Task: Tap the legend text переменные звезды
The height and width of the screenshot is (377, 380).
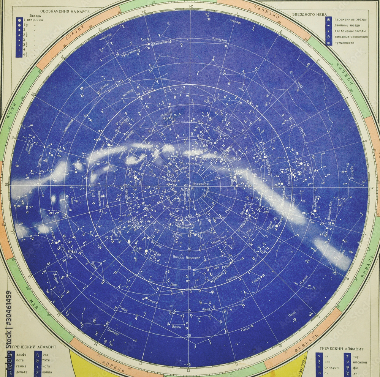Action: coord(350,19)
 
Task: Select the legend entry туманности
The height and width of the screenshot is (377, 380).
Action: coord(344,43)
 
